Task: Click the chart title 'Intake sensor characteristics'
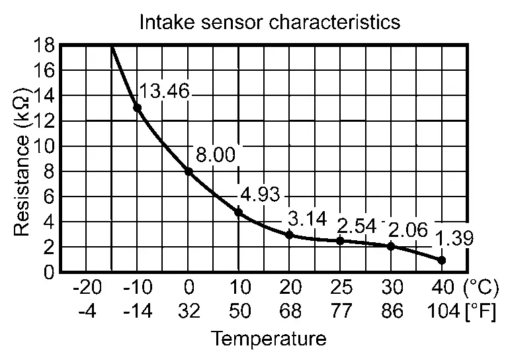pyautogui.click(x=269, y=22)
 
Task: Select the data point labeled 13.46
pyautogui.click(x=138, y=107)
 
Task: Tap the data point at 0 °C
pyautogui.click(x=189, y=171)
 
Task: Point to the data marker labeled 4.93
pyautogui.click(x=239, y=212)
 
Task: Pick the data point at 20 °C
pyautogui.click(x=289, y=234)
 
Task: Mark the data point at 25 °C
pyautogui.click(x=340, y=241)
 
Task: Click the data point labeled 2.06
pyautogui.click(x=391, y=246)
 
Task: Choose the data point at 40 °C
pyautogui.click(x=441, y=260)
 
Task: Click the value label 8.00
pyautogui.click(x=216, y=156)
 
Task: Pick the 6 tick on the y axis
pyautogui.click(x=48, y=197)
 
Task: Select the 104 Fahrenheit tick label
pyautogui.click(x=442, y=310)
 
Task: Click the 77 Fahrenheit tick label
pyautogui.click(x=341, y=310)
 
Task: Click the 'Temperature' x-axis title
pyautogui.click(x=269, y=339)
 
